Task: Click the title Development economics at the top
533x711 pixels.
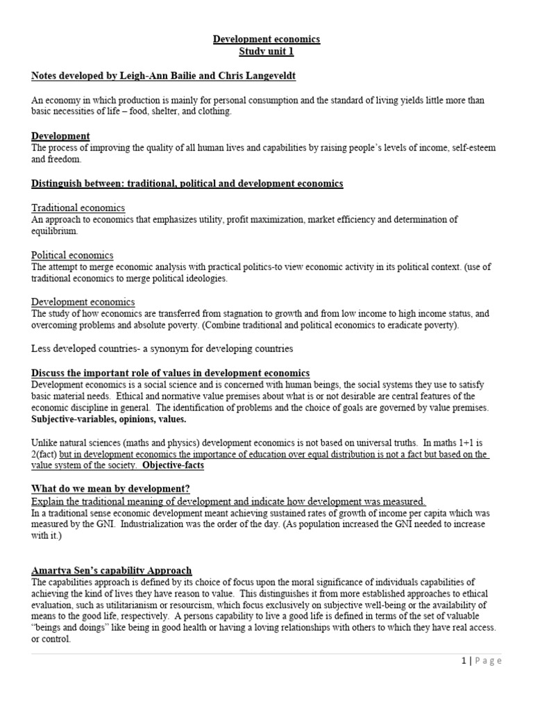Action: click(x=266, y=40)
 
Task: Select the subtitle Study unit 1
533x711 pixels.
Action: click(x=266, y=52)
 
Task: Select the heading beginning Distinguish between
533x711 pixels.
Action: click(x=187, y=184)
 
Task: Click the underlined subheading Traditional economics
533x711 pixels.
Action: click(x=78, y=208)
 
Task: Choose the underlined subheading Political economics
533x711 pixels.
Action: click(x=73, y=255)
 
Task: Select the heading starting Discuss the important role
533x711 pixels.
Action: click(x=171, y=373)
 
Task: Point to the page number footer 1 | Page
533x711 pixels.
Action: click(x=481, y=661)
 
